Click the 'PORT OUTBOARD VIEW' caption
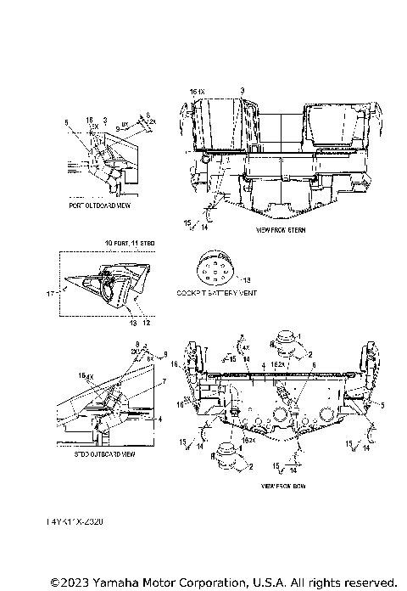[x=99, y=205]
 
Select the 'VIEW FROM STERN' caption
[x=279, y=230]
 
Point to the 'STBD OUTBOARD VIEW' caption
[x=103, y=454]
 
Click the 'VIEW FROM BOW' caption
[x=282, y=486]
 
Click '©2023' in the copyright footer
[x=70, y=583]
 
